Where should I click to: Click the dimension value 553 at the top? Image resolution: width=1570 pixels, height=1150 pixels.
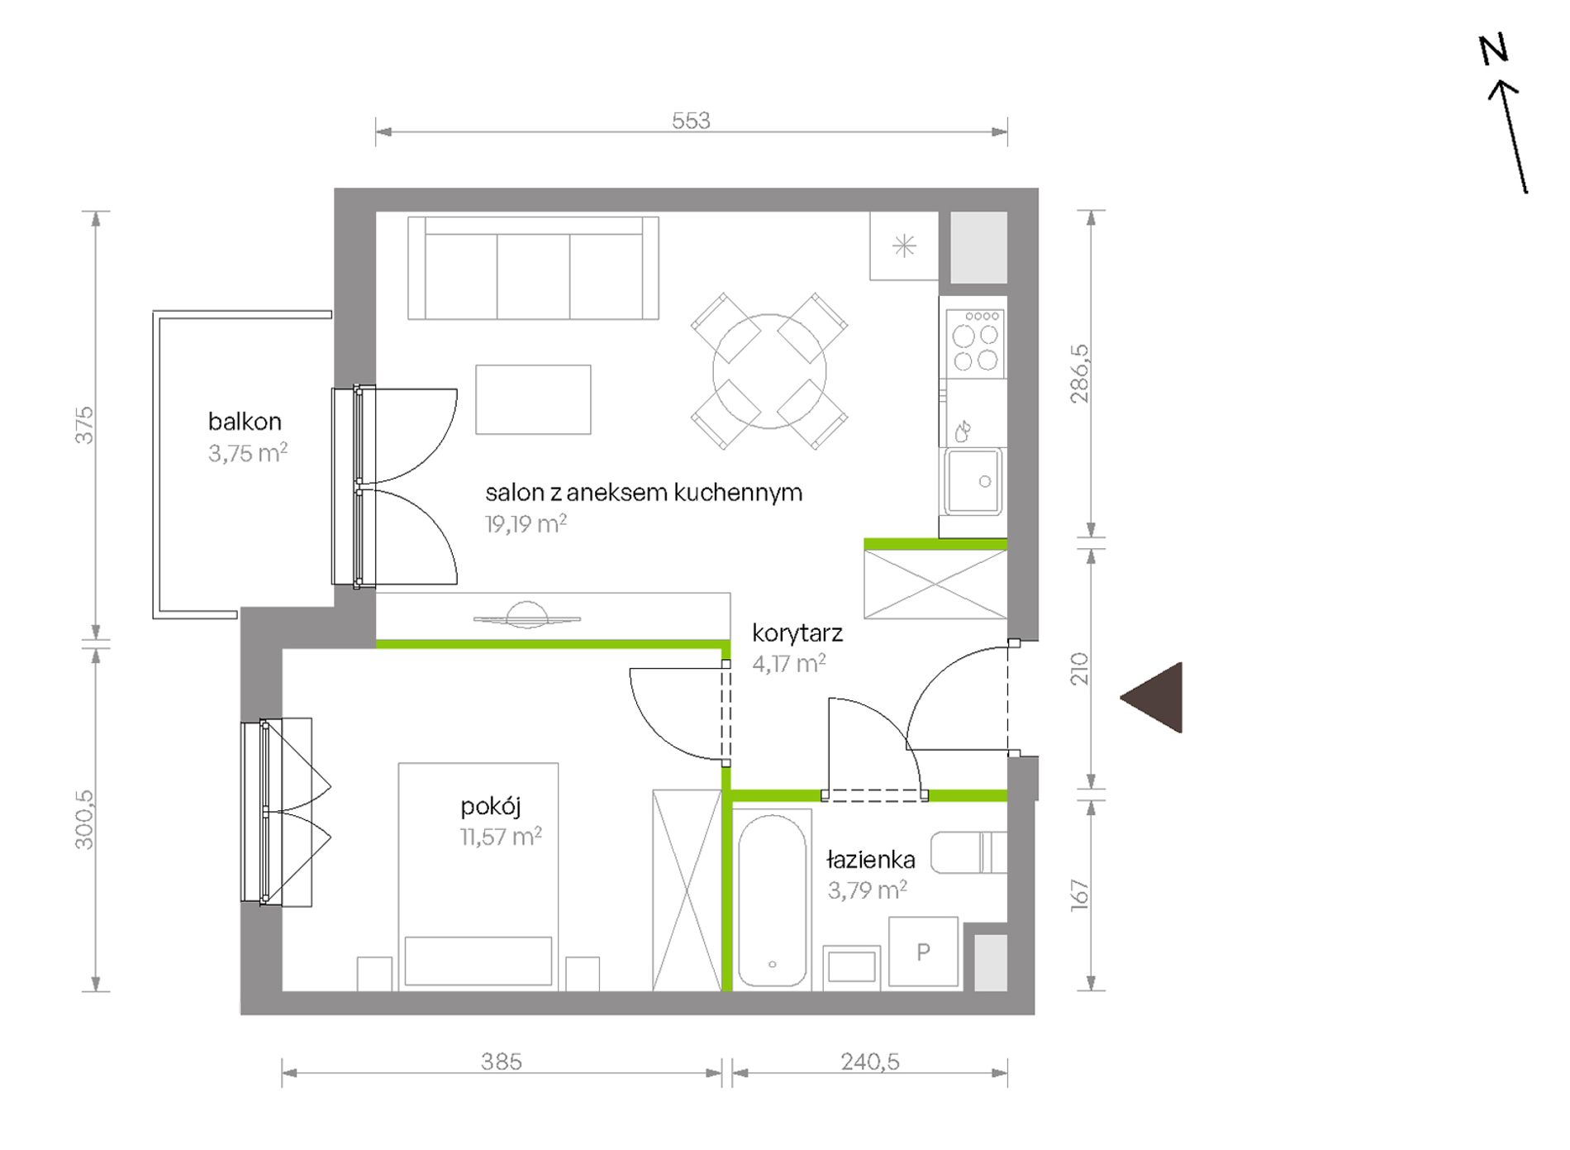[x=691, y=121]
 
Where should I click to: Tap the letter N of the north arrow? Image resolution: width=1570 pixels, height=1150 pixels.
[x=1494, y=51]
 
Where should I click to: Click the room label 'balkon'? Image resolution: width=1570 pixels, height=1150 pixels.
[x=245, y=422]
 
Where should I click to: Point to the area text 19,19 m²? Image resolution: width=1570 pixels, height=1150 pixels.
[x=526, y=523]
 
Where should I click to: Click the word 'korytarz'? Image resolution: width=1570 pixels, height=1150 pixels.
[x=797, y=633]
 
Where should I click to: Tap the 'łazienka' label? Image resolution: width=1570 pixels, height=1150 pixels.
[x=871, y=860]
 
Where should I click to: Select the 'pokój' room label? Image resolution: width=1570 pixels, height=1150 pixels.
[x=491, y=806]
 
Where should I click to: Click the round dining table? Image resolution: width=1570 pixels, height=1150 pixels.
[x=769, y=371]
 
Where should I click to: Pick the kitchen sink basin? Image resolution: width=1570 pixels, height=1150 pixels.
[x=974, y=482]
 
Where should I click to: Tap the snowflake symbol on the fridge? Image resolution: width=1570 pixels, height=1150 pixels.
[x=904, y=246]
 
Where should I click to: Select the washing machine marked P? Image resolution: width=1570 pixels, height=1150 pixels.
[x=923, y=952]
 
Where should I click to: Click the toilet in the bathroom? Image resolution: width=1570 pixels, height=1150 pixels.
[x=968, y=852]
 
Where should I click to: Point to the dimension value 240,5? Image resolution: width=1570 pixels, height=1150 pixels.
[x=870, y=1062]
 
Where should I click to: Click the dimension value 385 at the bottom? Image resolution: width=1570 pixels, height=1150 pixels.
[x=502, y=1062]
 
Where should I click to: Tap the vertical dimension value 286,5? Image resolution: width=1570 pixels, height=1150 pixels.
[x=1080, y=374]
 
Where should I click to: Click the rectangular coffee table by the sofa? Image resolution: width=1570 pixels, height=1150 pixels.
[x=533, y=399]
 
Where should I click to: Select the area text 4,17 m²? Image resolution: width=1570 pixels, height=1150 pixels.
[x=789, y=663]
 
